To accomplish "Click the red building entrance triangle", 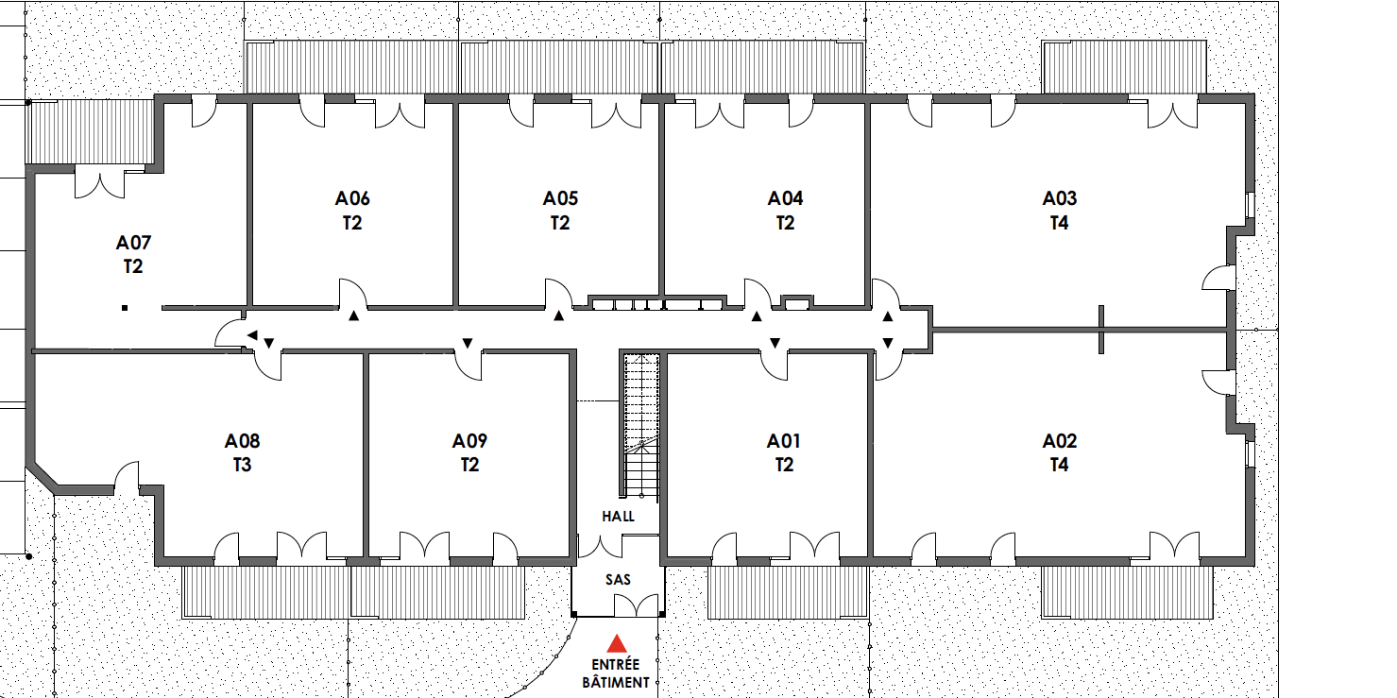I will pos(617,644).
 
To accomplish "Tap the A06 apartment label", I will pos(352,198).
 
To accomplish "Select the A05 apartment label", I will pos(560,198).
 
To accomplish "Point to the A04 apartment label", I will pos(785,198).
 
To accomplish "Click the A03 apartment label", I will pos(1059,198).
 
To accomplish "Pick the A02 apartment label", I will pos(1059,441).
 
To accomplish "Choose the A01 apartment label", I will pos(784,441).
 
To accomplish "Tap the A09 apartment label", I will pos(469,441).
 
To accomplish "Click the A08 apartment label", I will pos(242,441).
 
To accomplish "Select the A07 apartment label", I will pos(133,242).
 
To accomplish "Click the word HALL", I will pos(619,517).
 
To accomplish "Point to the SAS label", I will pos(619,579).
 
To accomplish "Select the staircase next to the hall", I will pos(640,425).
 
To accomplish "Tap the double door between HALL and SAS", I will pos(602,546).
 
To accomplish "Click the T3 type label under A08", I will pos(242,466).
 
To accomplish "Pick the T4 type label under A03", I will pos(1059,224).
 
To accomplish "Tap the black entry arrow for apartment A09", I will pos(468,342).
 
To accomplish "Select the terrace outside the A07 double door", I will pos(92,131).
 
